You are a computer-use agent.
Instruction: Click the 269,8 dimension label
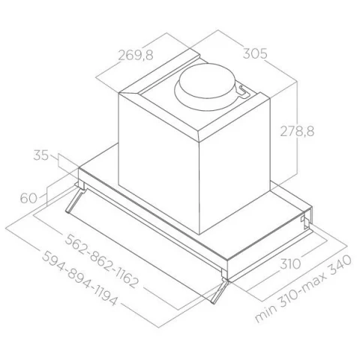point(136,55)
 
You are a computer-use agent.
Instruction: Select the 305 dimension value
point(255,53)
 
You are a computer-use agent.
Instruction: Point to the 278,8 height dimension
point(297,131)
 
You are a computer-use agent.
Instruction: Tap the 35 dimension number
point(41,155)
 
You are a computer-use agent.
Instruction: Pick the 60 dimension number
point(28,198)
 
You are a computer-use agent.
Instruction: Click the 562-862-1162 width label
point(101,261)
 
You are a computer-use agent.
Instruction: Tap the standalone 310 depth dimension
point(290,264)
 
